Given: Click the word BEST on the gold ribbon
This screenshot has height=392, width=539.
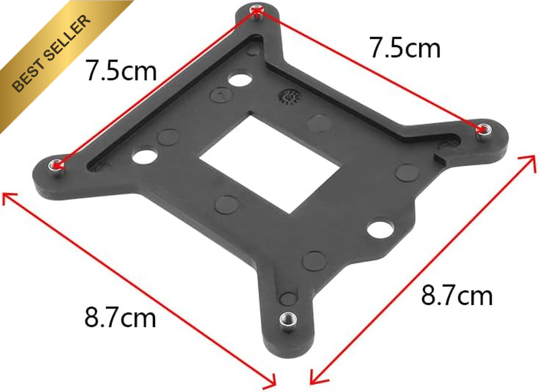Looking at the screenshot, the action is tap(30, 74).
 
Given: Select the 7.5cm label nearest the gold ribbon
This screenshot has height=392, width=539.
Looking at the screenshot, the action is tap(121, 71).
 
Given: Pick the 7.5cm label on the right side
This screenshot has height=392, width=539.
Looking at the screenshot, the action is tap(405, 47).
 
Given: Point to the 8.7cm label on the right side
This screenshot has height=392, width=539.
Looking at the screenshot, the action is tap(457, 295).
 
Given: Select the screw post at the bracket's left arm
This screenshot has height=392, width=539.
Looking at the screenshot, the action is tap(56, 166).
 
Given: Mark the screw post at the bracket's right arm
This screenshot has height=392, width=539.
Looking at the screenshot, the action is tap(482, 130).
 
